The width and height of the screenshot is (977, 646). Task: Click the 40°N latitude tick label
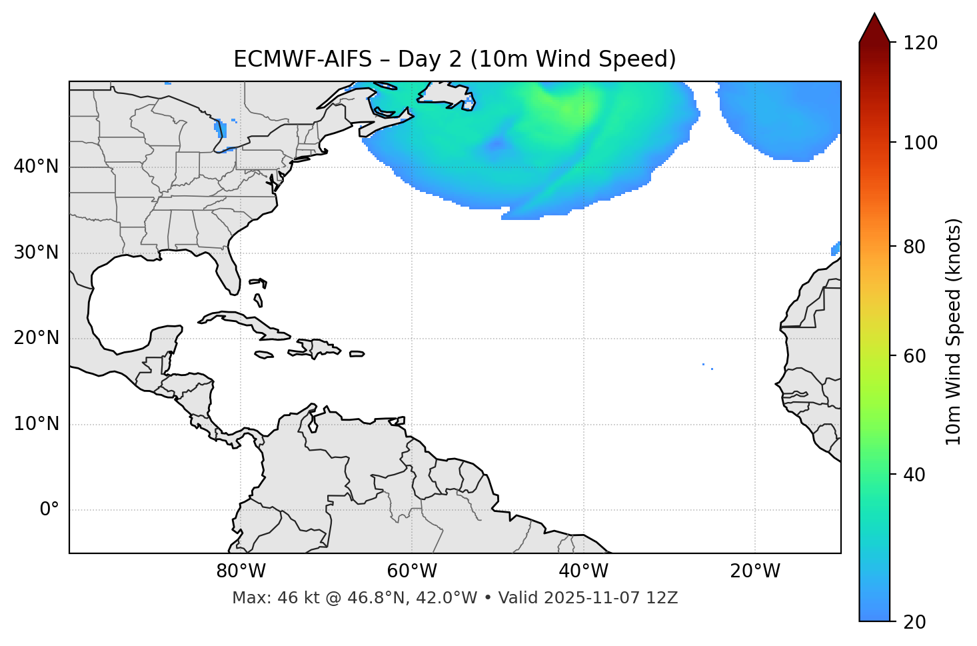click(36, 167)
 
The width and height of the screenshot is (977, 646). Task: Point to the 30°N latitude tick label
click(36, 253)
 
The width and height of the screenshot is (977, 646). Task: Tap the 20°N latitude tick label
click(36, 338)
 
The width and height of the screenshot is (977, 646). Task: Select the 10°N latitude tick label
click(36, 424)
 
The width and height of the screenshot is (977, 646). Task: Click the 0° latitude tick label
click(49, 510)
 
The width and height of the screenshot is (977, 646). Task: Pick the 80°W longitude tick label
click(241, 571)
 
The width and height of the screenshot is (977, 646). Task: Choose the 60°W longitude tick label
click(412, 571)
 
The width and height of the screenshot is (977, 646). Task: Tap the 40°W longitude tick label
click(583, 571)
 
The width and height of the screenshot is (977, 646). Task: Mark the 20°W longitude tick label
click(755, 571)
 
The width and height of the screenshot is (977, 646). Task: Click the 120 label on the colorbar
click(920, 43)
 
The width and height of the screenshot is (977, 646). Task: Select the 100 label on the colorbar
click(920, 143)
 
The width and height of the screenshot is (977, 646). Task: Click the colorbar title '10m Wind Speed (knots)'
click(954, 331)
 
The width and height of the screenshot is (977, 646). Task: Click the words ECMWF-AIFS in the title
click(303, 59)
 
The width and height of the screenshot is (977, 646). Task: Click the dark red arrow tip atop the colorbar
click(874, 27)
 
